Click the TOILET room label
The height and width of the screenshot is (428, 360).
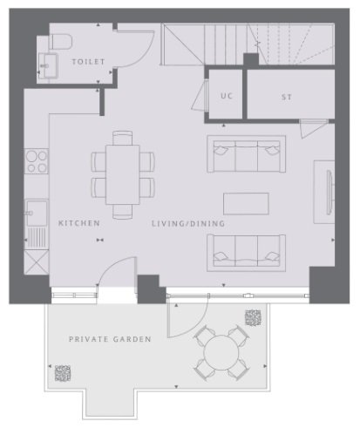coord(88,62)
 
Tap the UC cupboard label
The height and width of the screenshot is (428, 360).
coord(227,96)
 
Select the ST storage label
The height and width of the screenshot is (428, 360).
coord(287,97)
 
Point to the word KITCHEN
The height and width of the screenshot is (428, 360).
coord(79,223)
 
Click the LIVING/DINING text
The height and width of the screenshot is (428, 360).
coord(188,223)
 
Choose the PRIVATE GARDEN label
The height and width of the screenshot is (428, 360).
coord(110,339)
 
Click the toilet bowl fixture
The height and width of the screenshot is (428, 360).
coord(60,42)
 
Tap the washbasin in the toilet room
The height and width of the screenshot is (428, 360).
coord(48,65)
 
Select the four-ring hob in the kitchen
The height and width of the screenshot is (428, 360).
coord(37,161)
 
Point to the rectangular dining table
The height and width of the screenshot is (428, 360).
coord(123,174)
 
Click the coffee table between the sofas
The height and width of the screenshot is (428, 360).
coord(246,204)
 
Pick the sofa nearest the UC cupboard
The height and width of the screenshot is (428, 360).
coord(247,154)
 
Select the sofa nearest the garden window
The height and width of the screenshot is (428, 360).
coord(247,253)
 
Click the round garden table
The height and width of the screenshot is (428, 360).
coord(221,352)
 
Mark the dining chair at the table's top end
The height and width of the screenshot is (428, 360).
coord(123,138)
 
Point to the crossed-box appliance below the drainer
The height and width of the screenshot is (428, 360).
coord(37,262)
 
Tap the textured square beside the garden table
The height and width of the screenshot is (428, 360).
coord(253,317)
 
